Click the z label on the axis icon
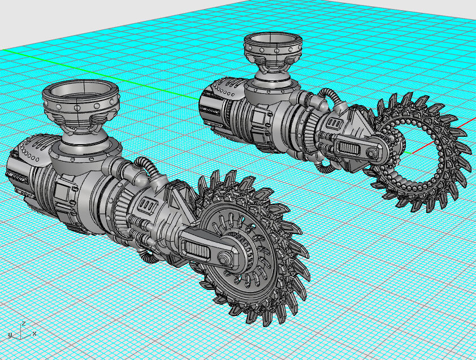tap(22, 324)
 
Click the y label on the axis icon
tap(10, 335)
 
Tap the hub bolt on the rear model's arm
tap(371, 153)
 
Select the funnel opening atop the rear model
tap(272, 41)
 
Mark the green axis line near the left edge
tap(23, 53)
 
